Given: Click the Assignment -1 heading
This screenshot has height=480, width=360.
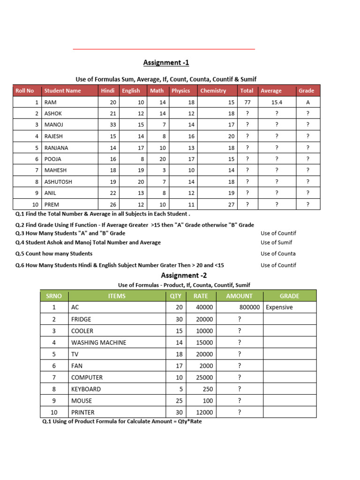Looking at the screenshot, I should (x=166, y=62).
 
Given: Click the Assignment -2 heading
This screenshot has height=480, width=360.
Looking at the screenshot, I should (x=184, y=275).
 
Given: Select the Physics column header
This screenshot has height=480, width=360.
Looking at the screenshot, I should (x=180, y=90).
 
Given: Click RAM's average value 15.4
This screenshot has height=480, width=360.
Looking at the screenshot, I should (x=277, y=102).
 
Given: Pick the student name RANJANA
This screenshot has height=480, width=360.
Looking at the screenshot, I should (x=56, y=148).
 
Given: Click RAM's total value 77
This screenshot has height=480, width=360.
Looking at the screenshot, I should (x=247, y=102).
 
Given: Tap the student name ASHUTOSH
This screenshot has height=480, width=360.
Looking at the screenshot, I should (x=58, y=181).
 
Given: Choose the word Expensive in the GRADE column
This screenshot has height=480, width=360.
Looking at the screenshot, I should (x=279, y=307).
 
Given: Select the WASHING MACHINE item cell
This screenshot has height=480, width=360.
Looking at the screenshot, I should (x=98, y=343).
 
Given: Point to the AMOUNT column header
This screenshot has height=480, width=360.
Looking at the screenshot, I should (x=239, y=296).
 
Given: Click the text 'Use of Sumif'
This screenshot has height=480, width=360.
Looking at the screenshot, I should (x=276, y=242).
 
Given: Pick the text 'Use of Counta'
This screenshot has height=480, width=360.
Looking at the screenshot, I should (x=278, y=254).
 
